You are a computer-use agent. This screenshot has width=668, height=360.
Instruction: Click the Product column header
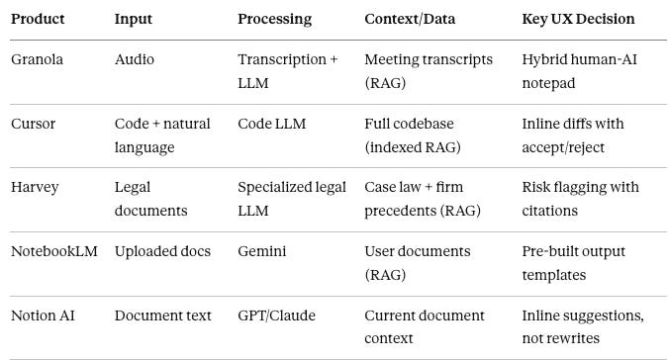38,19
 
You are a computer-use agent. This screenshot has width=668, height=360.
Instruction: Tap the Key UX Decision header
578,19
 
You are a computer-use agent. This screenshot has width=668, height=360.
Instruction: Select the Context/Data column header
410,19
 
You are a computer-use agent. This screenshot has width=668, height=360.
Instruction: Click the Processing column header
275,19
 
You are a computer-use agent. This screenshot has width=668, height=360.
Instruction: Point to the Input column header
134,19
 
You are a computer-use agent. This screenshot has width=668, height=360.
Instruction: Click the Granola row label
37,59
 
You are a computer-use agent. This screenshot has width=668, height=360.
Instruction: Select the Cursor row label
34,124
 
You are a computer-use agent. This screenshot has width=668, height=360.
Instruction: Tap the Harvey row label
35,187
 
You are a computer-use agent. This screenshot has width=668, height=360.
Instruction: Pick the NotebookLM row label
54,251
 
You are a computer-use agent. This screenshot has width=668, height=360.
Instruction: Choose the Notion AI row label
43,315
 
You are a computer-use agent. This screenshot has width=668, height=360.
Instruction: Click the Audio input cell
135,59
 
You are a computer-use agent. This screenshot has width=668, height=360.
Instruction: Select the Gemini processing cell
262,251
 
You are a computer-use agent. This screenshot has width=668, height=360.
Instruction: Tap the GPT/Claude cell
276,315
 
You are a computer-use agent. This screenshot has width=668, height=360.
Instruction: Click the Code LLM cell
272,124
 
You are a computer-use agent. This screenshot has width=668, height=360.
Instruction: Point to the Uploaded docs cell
162,251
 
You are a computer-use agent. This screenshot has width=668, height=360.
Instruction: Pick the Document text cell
162,315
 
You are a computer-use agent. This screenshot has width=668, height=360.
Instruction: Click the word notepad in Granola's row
548,83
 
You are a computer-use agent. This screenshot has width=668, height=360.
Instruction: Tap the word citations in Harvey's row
550,211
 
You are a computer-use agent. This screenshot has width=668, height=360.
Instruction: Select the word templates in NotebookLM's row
554,275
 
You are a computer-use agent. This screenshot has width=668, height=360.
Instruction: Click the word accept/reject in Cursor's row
563,147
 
